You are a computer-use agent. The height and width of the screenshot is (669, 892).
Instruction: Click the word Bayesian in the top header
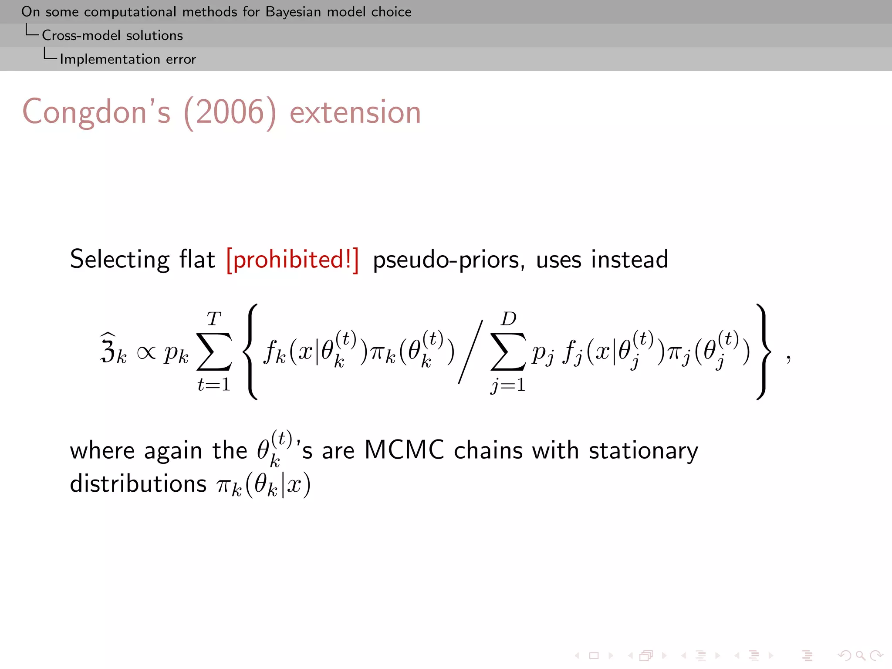294,12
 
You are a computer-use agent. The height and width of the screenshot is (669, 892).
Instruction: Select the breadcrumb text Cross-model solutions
112,35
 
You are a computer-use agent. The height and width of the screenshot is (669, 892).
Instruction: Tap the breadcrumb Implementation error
128,59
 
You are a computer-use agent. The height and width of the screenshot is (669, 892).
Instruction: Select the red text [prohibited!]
293,260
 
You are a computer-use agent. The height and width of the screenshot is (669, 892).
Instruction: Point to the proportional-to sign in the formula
146,353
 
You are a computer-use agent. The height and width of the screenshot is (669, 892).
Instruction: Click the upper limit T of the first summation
213,319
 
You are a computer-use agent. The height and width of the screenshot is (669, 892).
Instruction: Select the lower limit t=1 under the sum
213,384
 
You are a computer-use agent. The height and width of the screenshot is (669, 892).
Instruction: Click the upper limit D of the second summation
508,319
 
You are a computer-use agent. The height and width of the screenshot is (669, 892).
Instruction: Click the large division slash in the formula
470,352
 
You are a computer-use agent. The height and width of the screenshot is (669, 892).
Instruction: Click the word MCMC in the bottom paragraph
404,450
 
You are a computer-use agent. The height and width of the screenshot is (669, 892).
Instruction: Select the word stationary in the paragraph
643,451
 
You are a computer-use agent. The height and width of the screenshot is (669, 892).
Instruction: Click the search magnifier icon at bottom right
860,655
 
